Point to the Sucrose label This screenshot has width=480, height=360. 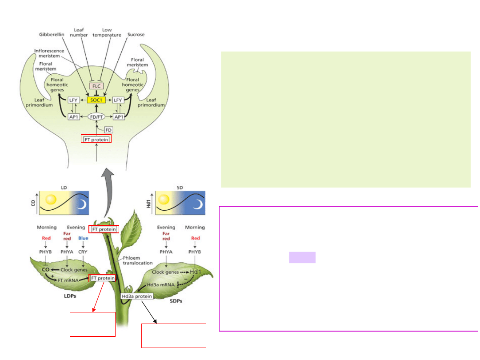135,35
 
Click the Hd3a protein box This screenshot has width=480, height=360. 137,296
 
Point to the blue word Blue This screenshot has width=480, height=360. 83,238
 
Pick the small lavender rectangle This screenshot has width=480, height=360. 302,257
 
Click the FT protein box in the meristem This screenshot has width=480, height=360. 96,139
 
